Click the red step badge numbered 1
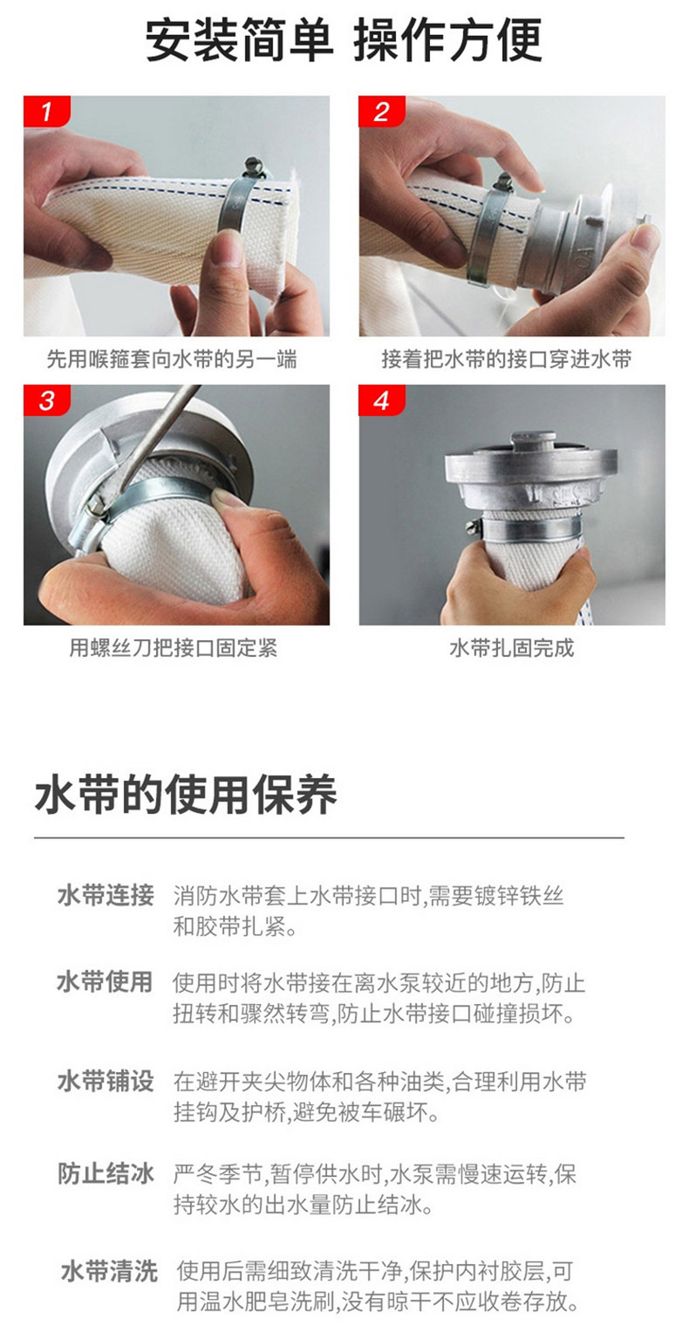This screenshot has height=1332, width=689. (46, 111)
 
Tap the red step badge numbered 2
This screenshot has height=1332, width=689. (381, 111)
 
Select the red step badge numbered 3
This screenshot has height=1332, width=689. (46, 400)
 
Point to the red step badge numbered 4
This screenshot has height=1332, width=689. (381, 400)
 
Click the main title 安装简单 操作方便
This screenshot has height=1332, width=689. (344, 40)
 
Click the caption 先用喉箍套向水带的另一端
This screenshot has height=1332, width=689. (172, 359)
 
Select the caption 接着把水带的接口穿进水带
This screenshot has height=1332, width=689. (507, 359)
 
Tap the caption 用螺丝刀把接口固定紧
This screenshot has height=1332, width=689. (173, 647)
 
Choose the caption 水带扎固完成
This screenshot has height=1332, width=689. (512, 647)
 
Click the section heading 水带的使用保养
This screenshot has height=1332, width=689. (186, 795)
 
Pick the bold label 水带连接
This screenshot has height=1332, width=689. (106, 895)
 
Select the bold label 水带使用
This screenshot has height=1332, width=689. (105, 981)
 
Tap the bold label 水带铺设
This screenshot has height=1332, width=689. (106, 1081)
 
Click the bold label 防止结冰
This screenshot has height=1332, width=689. (106, 1173)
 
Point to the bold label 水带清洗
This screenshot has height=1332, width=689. (109, 1271)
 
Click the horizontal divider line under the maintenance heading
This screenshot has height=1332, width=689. (329, 838)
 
